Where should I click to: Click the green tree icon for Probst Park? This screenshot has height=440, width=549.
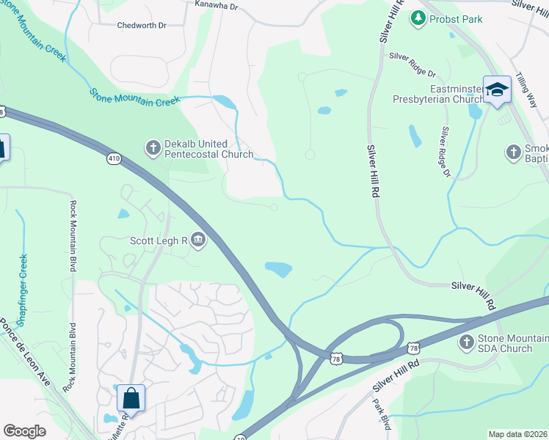click(x=418, y=17)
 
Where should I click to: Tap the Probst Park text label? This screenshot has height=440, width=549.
click(x=456, y=19)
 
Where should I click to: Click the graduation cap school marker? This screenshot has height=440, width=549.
click(x=497, y=90)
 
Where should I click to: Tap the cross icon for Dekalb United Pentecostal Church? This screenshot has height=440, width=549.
click(x=153, y=149)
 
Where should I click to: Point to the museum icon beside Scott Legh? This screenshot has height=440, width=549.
click(x=198, y=239)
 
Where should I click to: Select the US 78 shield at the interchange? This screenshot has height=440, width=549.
click(x=336, y=357)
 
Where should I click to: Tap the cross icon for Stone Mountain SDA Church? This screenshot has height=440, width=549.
click(x=466, y=342)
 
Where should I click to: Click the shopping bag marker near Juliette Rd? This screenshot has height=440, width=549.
click(x=131, y=398)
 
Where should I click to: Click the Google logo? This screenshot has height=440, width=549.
click(x=24, y=431)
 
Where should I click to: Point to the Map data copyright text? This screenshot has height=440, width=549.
click(x=517, y=434)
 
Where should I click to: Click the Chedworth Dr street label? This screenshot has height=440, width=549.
click(x=142, y=25)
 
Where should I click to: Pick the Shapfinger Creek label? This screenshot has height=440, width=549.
click(x=23, y=290)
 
